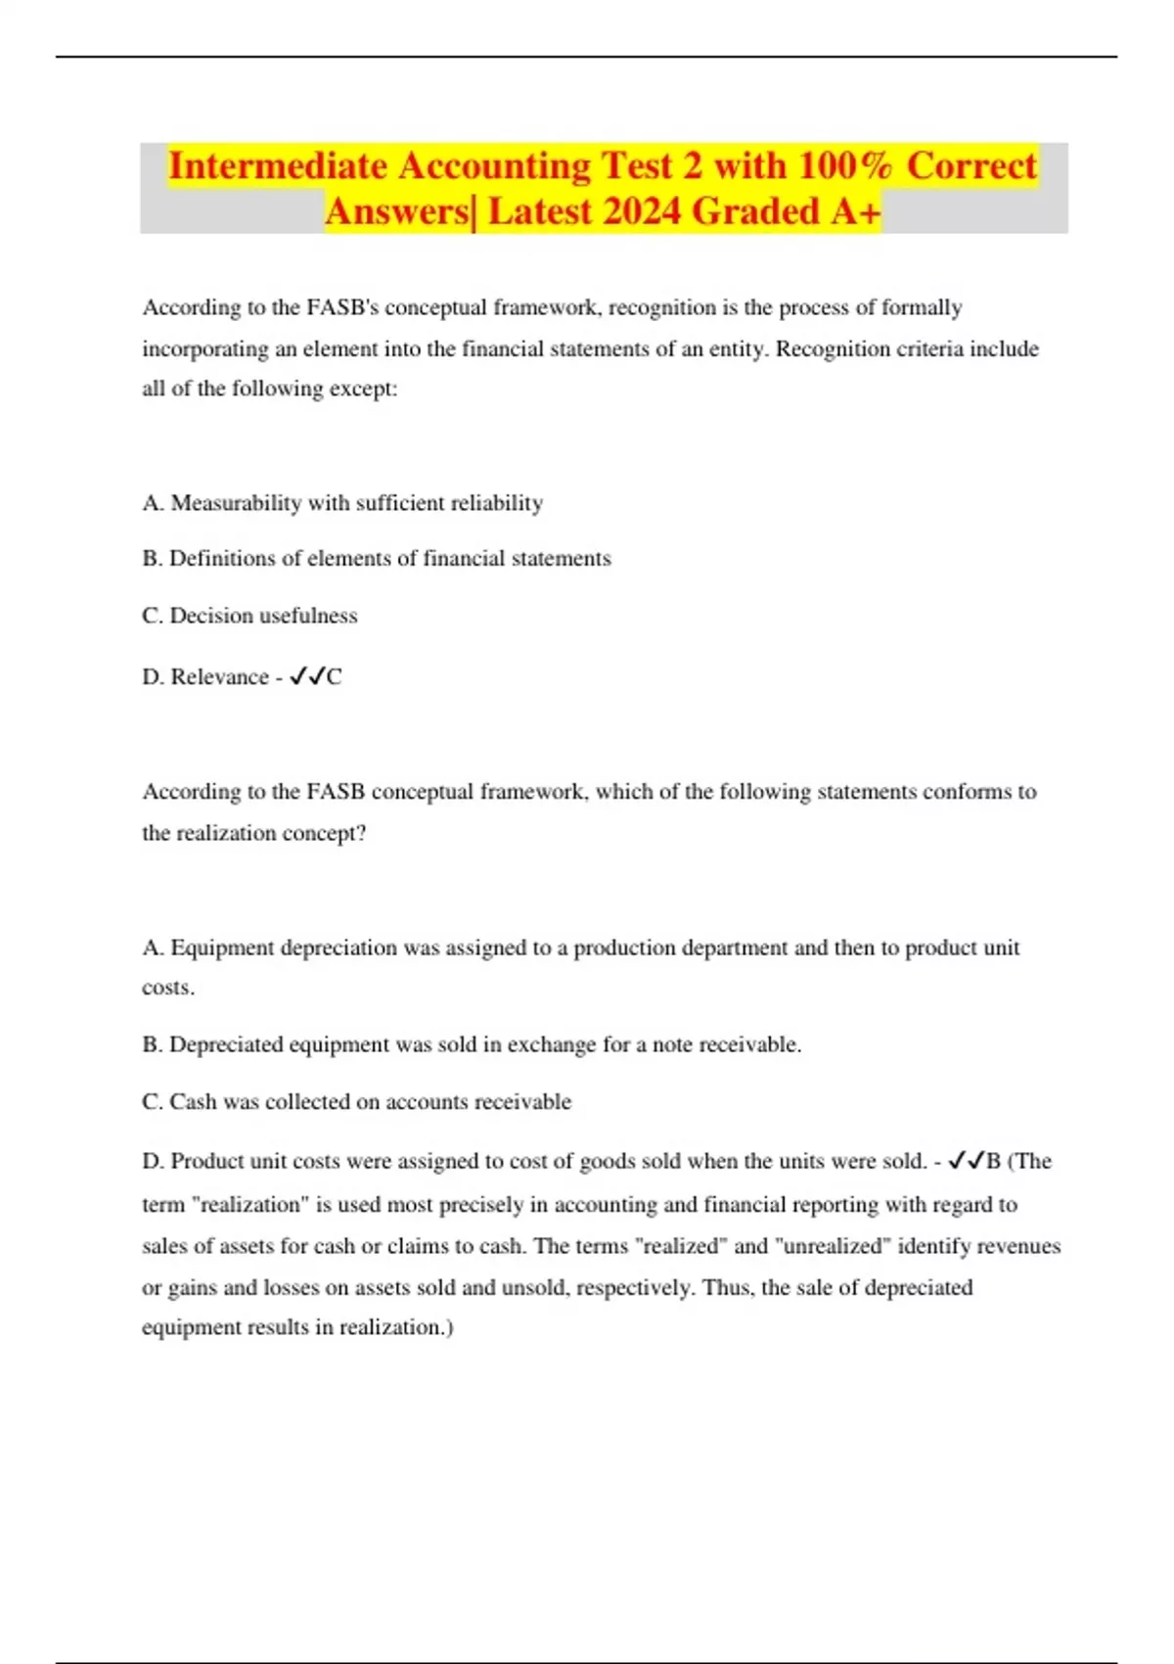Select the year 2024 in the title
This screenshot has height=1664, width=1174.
642,211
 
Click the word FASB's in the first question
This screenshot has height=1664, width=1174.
342,307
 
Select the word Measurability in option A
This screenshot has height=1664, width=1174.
236,503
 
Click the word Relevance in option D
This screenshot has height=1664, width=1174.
219,677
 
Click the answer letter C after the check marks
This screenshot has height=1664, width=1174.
335,677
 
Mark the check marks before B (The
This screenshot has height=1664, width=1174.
966,1161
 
